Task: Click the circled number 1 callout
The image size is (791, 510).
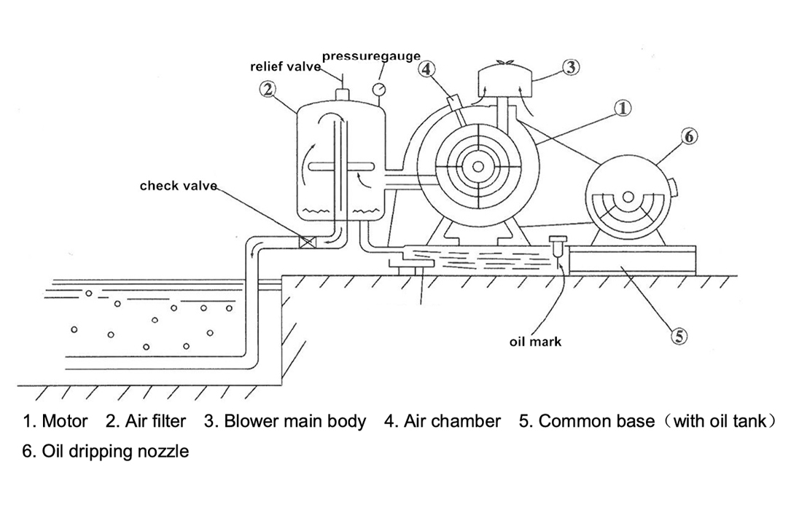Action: [x=623, y=109]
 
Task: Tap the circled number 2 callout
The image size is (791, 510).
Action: [x=268, y=90]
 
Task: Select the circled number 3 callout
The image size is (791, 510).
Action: [x=570, y=68]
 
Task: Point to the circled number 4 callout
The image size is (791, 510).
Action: [x=426, y=69]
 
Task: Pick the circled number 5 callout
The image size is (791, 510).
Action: [x=679, y=335]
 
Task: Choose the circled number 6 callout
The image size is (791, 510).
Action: [x=689, y=136]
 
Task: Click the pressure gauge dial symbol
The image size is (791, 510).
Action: [x=378, y=89]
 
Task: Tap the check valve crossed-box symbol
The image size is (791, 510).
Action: [x=307, y=242]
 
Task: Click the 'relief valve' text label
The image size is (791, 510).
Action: [x=286, y=67]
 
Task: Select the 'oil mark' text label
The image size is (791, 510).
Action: [x=535, y=342]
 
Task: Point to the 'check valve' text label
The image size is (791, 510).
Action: [x=179, y=186]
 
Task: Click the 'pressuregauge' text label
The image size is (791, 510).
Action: [x=371, y=56]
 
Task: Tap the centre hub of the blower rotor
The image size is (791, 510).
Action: [x=478, y=166]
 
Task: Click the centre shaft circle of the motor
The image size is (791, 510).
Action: [x=628, y=197]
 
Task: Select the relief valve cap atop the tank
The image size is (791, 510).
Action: [x=343, y=95]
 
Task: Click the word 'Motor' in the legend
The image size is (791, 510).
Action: [x=65, y=421]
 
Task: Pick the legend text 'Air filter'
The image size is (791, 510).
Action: [x=155, y=421]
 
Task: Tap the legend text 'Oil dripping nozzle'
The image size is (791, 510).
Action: [x=115, y=451]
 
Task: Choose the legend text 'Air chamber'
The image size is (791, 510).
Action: [x=452, y=421]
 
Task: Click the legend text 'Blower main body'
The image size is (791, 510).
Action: [x=295, y=421]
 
